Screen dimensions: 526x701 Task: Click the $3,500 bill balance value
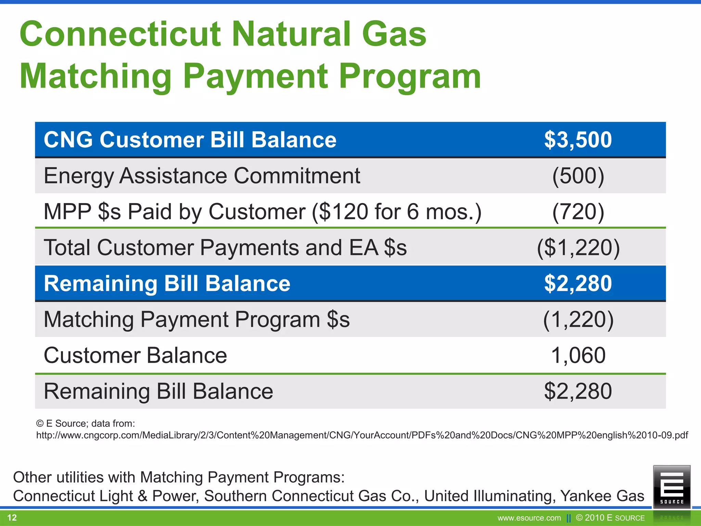click(578, 140)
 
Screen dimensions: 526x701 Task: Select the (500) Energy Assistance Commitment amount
click(578, 176)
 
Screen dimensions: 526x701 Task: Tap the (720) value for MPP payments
click(578, 212)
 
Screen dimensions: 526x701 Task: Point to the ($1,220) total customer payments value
click(578, 248)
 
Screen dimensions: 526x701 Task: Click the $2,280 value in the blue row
click(578, 284)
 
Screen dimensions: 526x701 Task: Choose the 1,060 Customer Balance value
click(578, 355)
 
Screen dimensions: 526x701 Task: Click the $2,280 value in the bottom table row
click(578, 391)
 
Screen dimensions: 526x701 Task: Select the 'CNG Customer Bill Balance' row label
click(190, 140)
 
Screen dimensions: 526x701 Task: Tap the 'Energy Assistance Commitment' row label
click(202, 176)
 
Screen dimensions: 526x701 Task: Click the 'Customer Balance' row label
click(135, 355)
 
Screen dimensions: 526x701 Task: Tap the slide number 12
click(12, 517)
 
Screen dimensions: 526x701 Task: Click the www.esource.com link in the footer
click(529, 518)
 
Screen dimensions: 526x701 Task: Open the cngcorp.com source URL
click(362, 435)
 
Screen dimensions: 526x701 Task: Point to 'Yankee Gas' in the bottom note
click(602, 496)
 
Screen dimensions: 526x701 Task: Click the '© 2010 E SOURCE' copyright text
click(610, 518)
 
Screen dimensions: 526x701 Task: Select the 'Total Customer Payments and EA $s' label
click(225, 248)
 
